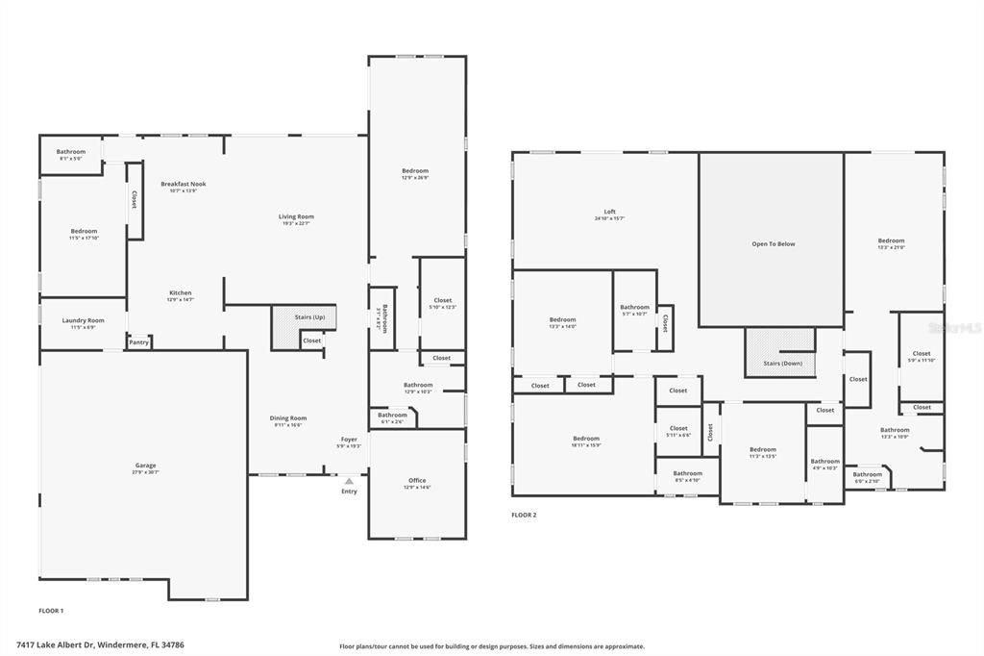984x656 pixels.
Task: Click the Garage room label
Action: tap(145, 466)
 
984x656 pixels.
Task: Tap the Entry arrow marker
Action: tap(349, 480)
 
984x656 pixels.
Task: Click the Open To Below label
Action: tap(773, 244)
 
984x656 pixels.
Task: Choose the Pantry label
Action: tap(139, 342)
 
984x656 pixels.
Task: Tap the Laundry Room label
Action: tap(83, 320)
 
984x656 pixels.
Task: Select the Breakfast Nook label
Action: tap(183, 184)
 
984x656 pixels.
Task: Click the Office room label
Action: tap(417, 481)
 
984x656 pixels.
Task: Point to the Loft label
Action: tap(609, 212)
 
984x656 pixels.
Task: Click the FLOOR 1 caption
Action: tap(51, 611)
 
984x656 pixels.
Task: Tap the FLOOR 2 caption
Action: tap(524, 516)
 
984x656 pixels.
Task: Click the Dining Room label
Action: tap(287, 418)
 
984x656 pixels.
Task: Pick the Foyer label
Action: tap(349, 440)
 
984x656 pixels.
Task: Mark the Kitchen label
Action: tap(181, 293)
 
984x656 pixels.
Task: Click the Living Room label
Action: tap(296, 217)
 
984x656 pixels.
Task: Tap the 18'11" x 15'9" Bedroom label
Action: tap(586, 439)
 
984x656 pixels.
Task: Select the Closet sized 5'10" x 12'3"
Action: tap(442, 301)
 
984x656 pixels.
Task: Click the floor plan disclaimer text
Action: tap(491, 646)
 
